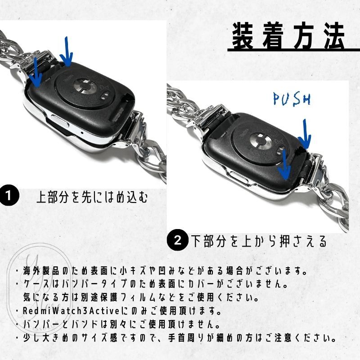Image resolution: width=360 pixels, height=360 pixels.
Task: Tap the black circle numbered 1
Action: pos(9,196)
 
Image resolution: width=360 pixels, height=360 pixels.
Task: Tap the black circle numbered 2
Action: pos(177,241)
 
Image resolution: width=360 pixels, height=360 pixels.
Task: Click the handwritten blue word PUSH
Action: pos(292,99)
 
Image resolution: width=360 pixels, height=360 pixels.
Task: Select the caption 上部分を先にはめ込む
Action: pos(92,197)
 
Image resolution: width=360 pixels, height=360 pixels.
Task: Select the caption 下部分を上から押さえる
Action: pos(259,241)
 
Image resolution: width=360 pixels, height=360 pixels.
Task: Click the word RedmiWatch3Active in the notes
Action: pos(71,311)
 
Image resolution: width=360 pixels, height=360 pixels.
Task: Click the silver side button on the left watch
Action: pos(60,121)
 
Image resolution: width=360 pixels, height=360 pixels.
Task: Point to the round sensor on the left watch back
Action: pos(85,88)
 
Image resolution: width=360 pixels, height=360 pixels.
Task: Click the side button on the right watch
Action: pos(239,177)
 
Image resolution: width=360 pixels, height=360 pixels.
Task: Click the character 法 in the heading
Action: pos(334,36)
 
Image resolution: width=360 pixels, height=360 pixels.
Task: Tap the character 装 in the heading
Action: pos(243,36)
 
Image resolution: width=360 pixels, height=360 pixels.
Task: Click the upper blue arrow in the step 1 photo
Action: pos(66,52)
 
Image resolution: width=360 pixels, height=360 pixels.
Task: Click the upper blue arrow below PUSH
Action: pos(305,134)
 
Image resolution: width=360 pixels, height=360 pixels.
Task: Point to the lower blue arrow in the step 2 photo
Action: pos(284,165)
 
